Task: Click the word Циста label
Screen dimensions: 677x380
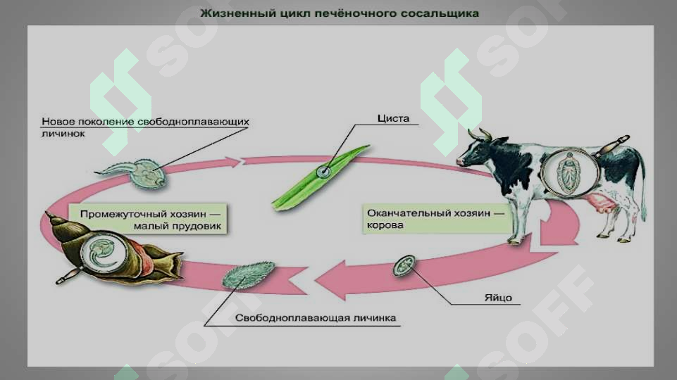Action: point(393,118)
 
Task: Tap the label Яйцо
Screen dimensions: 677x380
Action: point(498,298)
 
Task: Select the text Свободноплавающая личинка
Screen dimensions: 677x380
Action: point(315,318)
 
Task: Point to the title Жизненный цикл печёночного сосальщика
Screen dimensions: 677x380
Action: point(340,13)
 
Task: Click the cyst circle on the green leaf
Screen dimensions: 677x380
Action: point(323,172)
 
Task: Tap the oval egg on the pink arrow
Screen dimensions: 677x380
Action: point(404,265)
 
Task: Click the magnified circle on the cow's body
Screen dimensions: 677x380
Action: point(569,172)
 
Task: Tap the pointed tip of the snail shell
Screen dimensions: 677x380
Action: point(46,213)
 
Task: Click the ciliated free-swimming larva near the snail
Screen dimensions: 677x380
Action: point(248,274)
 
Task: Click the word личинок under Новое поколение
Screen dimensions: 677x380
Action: point(63,134)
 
